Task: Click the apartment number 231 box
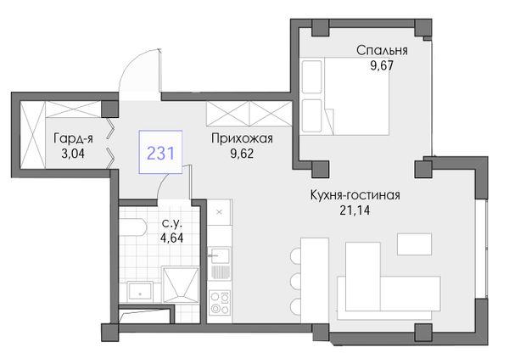[x=160, y=152]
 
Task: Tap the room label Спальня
[x=382, y=51]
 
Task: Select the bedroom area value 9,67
[x=382, y=66]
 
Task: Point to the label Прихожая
[x=242, y=138]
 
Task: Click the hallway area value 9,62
[x=242, y=154]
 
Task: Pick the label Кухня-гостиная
[x=355, y=195]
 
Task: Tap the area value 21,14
[x=355, y=210]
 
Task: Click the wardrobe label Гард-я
[x=73, y=138]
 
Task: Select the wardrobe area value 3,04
[x=73, y=154]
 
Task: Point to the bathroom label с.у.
[x=172, y=223]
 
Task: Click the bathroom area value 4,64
[x=171, y=238]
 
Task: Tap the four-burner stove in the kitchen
[x=220, y=303]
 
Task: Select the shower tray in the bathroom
[x=181, y=285]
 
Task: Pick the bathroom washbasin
[x=140, y=292]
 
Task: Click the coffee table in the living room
[x=415, y=244]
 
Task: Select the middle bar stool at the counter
[x=295, y=281]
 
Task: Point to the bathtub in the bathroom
[x=133, y=227]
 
